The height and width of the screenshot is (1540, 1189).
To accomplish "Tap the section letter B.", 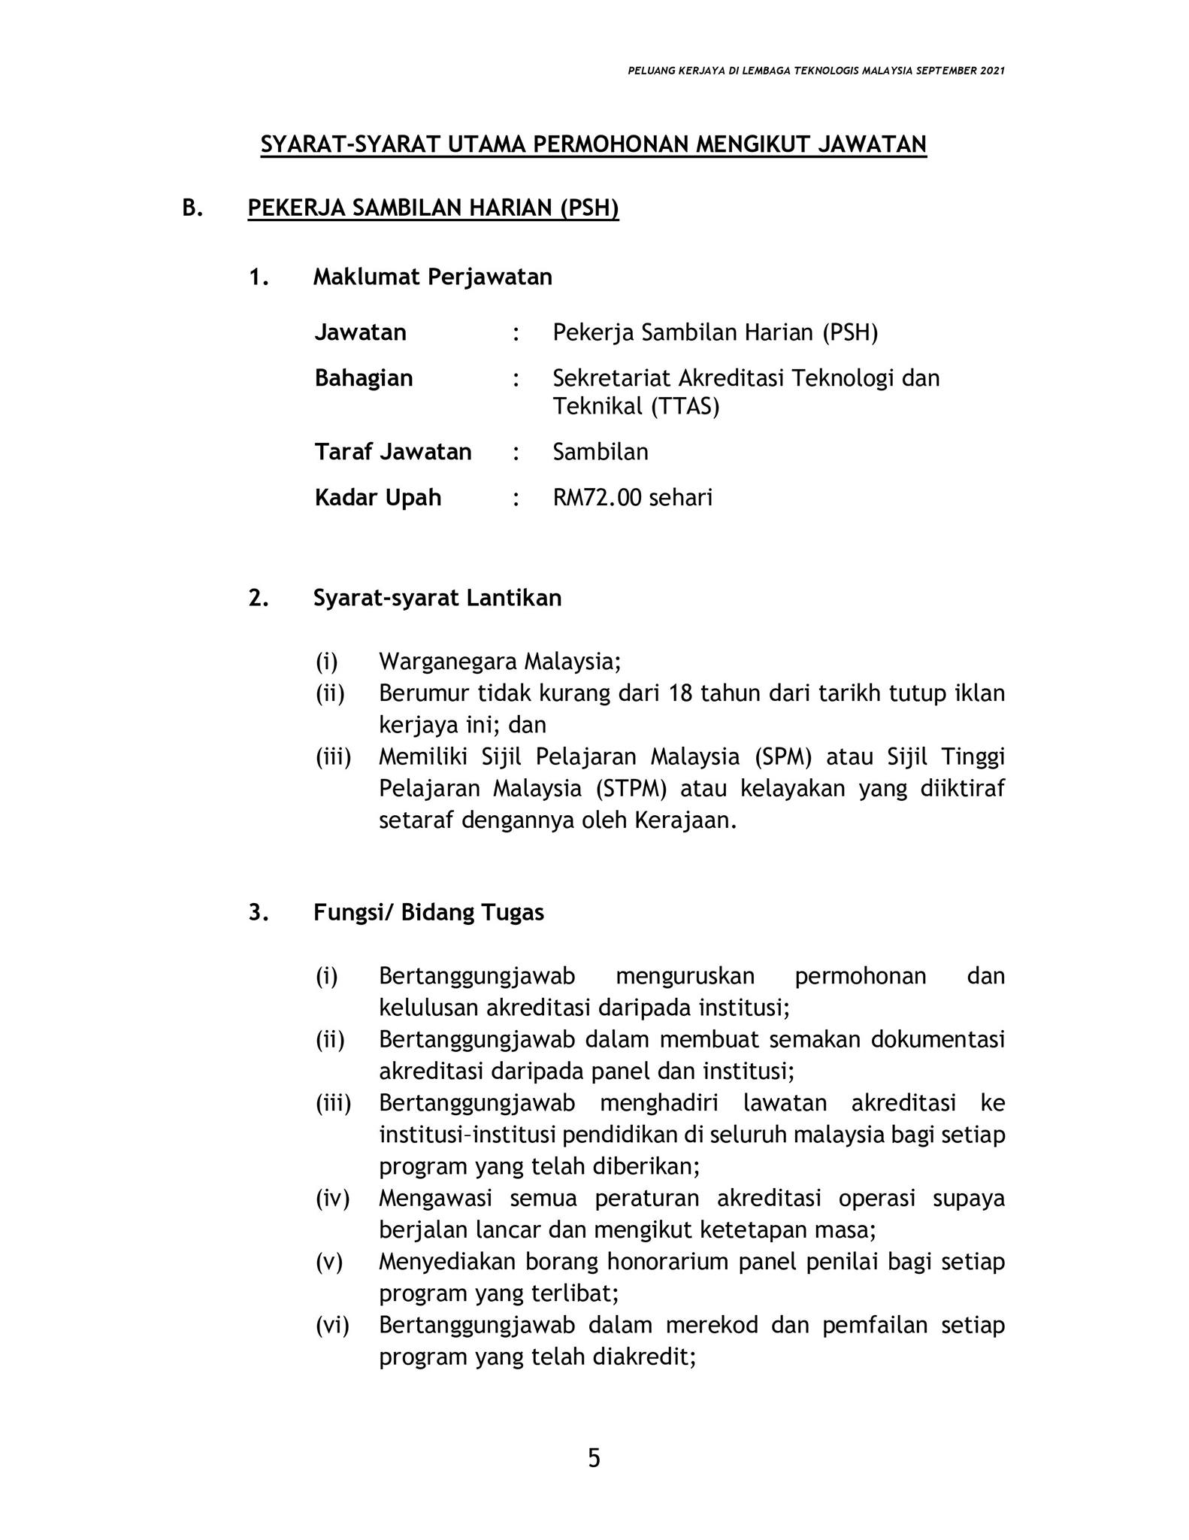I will [192, 208].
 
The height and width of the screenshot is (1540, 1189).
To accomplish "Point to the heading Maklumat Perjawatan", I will [432, 277].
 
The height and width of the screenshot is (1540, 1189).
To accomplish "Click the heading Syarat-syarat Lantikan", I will [437, 599].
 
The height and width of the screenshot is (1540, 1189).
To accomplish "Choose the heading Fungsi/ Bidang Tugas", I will [428, 913].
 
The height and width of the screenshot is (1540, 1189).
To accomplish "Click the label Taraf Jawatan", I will [392, 452].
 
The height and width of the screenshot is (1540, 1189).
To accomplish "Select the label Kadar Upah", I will [377, 498].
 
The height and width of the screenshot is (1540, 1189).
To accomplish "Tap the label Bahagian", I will [364, 377].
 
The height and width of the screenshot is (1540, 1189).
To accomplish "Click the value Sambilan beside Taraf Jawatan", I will [600, 452].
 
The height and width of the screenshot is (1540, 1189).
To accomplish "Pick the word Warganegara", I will [447, 662].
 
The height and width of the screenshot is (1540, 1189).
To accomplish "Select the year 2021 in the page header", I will [992, 71].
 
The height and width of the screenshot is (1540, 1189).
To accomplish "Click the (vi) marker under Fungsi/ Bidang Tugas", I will [332, 1325].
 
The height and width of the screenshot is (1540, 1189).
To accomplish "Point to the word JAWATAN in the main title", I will [871, 144].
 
